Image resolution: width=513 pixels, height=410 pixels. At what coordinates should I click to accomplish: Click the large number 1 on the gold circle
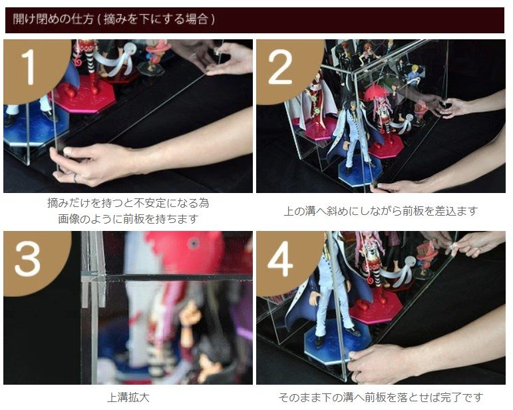[28, 67]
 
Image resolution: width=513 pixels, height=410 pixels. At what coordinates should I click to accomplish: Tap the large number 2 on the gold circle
[280, 67]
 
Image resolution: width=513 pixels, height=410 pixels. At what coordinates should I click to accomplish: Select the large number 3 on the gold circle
[28, 259]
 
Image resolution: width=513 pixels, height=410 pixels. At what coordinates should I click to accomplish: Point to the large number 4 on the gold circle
[280, 259]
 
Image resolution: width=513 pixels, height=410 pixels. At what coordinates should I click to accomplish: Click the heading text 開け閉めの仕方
[53, 19]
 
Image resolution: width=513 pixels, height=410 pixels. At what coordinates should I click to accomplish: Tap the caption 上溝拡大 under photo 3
[128, 397]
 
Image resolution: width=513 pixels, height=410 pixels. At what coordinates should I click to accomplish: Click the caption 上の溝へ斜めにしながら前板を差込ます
[381, 211]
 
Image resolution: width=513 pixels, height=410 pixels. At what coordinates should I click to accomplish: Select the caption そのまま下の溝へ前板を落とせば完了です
[381, 397]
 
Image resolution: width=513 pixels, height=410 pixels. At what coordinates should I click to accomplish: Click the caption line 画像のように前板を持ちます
[128, 218]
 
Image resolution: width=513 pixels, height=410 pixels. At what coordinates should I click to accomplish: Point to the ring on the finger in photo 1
[75, 178]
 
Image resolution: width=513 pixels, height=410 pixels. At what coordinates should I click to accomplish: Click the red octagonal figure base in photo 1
[85, 94]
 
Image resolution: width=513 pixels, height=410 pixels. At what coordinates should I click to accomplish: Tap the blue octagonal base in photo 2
[360, 171]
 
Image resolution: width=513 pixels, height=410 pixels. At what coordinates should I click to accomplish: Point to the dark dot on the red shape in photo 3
[194, 244]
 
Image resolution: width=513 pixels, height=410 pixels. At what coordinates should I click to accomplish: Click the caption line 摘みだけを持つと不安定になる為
[128, 203]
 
